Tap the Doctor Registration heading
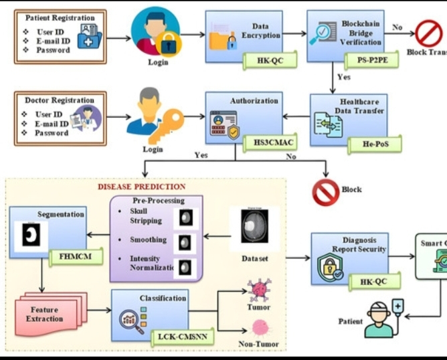[x=60, y=100]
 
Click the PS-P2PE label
[x=367, y=61]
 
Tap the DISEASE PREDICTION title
[x=142, y=187]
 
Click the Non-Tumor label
[x=258, y=345]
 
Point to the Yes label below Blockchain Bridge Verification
[x=343, y=77]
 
